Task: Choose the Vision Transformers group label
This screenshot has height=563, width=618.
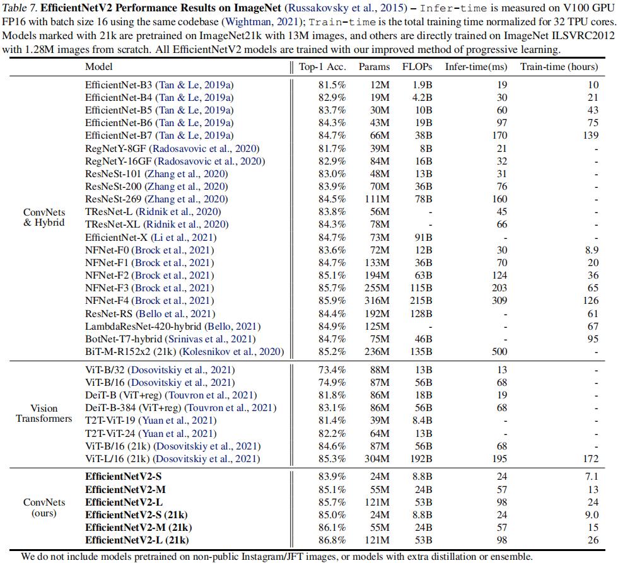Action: (x=44, y=413)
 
